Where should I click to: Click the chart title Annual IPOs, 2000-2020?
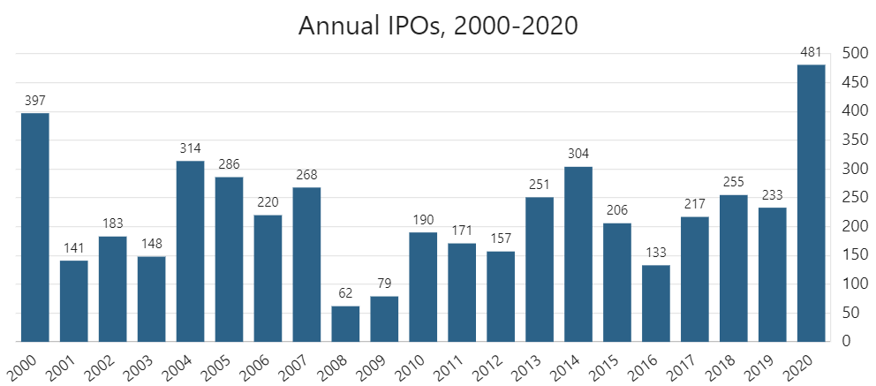pyautogui.click(x=438, y=26)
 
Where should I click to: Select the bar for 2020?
pyautogui.click(x=811, y=203)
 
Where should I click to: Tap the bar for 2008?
pyautogui.click(x=345, y=323)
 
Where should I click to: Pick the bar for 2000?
pyautogui.click(x=34, y=227)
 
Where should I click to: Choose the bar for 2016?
pyautogui.click(x=656, y=303)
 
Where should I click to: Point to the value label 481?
pyautogui.click(x=811, y=52)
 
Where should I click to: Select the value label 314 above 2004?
pyautogui.click(x=190, y=148)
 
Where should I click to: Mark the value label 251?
pyautogui.click(x=540, y=185)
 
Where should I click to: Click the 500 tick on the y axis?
pyautogui.click(x=853, y=53)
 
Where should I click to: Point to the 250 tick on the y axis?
pyautogui.click(x=853, y=197)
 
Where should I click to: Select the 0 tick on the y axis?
pyautogui.click(x=847, y=341)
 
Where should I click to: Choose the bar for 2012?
pyautogui.click(x=501, y=296)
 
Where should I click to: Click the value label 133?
pyautogui.click(x=656, y=253)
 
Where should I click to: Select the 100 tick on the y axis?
pyautogui.click(x=853, y=284)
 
